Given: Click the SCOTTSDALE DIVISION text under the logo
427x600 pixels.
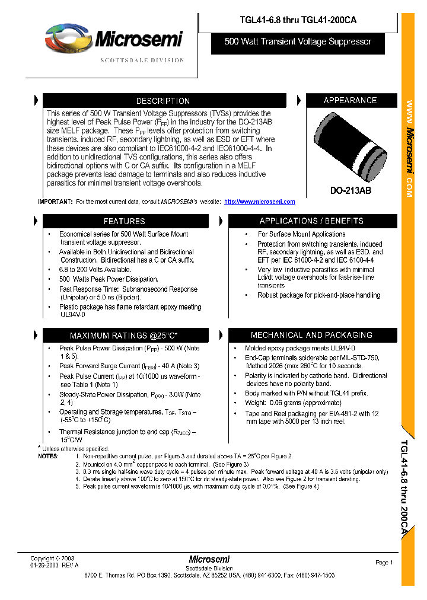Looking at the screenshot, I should (x=142, y=60).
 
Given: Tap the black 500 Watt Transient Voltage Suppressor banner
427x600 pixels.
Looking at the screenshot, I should (x=298, y=42).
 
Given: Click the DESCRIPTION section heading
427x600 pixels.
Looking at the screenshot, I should (x=162, y=101).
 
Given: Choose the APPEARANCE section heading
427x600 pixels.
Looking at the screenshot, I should (x=350, y=100).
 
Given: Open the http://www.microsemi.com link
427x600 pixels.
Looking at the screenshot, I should (x=259, y=202).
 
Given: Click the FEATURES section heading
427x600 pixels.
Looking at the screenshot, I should (x=125, y=221).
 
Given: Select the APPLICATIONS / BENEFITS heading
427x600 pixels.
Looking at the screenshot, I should (x=311, y=221).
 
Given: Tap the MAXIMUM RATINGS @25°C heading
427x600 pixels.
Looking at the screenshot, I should (x=125, y=336).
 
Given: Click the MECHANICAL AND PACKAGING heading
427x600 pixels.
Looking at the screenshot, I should (x=311, y=336).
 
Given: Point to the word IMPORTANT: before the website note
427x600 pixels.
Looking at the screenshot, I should (x=55, y=202).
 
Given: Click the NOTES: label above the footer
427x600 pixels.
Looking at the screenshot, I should (x=48, y=456).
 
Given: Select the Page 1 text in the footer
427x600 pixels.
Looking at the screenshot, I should (x=384, y=563).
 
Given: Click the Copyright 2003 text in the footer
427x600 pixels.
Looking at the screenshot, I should (x=52, y=558).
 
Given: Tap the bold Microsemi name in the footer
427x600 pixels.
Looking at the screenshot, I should (x=209, y=559).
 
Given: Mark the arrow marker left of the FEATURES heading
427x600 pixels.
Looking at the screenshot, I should (x=36, y=221).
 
